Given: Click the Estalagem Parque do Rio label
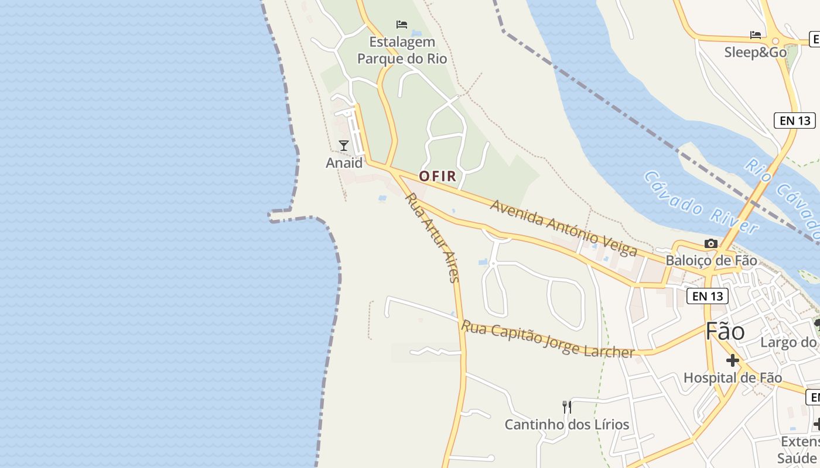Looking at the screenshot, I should tap(402, 50).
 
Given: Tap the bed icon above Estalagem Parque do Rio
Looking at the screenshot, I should tap(402, 25).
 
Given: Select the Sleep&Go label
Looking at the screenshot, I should tap(756, 52).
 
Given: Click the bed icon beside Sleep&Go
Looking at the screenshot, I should tap(756, 35).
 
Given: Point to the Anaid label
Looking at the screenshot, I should tap(344, 163).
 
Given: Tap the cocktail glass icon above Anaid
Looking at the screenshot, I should tap(344, 145).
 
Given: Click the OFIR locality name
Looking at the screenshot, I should tap(438, 176).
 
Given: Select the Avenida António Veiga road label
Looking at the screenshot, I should tap(563, 228).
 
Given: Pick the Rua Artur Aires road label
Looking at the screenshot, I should tap(432, 238).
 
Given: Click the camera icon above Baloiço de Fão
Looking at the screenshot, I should tap(711, 243).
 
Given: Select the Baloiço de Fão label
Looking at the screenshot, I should tap(711, 260).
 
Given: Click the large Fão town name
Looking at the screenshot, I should tap(725, 332).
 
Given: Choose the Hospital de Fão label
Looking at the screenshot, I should tap(733, 378).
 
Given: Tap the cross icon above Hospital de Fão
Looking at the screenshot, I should tap(733, 360).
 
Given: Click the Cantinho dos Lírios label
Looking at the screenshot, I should tap(567, 424).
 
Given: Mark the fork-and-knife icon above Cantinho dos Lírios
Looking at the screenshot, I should tap(566, 407).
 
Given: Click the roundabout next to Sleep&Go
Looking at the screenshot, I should tap(776, 40).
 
